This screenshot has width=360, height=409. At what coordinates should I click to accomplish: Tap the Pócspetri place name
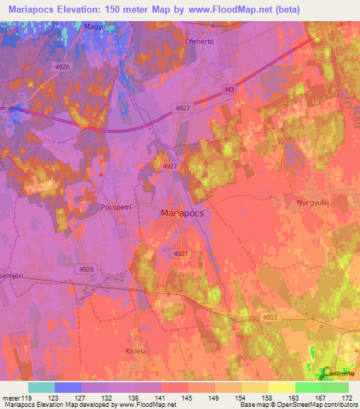pyautogui.click(x=118, y=208)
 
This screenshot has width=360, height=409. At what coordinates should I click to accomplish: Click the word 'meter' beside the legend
pyautogui.click(x=9, y=397)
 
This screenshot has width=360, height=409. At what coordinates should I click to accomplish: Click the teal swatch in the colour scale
pyautogui.click(x=41, y=387)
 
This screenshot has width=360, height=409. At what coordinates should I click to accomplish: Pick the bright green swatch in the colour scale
pyautogui.click(x=308, y=387)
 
